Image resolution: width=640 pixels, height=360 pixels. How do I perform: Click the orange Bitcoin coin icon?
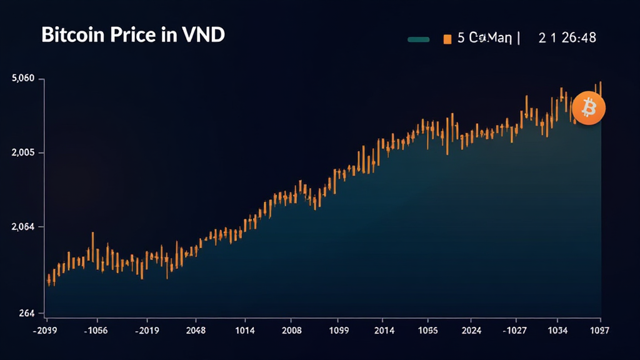[588, 108]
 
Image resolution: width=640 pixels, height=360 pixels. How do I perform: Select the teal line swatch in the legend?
[418, 39]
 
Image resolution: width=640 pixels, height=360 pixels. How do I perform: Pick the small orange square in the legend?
[447, 39]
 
